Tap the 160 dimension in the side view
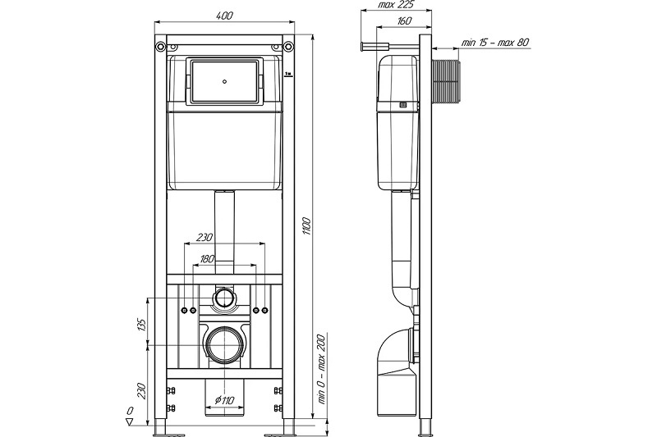click(404, 22)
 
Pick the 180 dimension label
click(208, 260)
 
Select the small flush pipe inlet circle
click(224, 298)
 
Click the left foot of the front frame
click(161, 428)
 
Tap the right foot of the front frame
click(289, 428)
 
